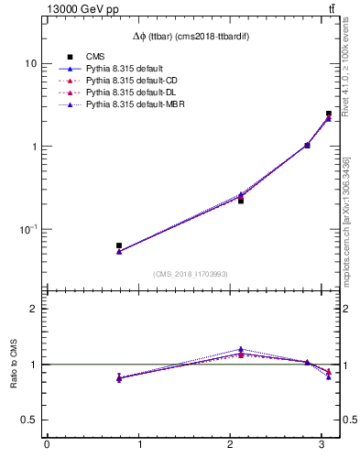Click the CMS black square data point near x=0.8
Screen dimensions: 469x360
[119, 245]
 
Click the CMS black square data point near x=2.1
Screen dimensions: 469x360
[241, 200]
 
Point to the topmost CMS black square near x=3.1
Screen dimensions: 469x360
[328, 115]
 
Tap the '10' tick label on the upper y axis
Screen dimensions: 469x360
[31, 63]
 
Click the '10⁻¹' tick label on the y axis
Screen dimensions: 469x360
[27, 229]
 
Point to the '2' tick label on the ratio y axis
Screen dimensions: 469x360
[34, 309]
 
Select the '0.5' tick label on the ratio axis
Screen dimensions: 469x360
[29, 420]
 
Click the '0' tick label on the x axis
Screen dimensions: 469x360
[47, 445]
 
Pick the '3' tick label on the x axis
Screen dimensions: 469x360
[321, 445]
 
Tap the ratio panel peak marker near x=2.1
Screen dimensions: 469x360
[241, 349]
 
